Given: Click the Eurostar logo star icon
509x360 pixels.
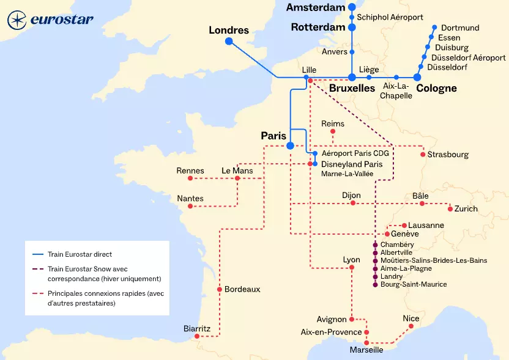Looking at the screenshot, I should pos(17,20).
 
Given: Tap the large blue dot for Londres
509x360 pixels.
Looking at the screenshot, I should pos(229,42).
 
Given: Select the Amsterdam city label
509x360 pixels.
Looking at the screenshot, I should pos(315,7).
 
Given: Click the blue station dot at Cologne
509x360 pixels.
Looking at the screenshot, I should pos(417,78).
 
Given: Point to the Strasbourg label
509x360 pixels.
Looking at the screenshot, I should pos(448,155).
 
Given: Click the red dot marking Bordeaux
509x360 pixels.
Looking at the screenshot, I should pos(219,289).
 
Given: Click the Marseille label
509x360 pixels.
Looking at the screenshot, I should pos(366,350).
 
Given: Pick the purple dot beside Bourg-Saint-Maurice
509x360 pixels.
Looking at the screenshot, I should pos(375,284).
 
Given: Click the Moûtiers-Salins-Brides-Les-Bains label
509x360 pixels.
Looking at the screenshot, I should pos(433,260).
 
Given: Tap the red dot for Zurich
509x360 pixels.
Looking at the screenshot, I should pos(450,209).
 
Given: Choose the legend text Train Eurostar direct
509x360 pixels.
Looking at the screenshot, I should pos(80,254).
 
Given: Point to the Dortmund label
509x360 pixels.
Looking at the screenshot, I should pos(460,28).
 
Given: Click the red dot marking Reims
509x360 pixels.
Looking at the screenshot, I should pos(333,131).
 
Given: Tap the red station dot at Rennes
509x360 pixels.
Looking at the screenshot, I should pos(190,178).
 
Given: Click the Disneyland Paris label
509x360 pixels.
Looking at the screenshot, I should pos(352,164).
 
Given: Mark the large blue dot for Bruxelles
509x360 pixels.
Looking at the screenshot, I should pos(352,78).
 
